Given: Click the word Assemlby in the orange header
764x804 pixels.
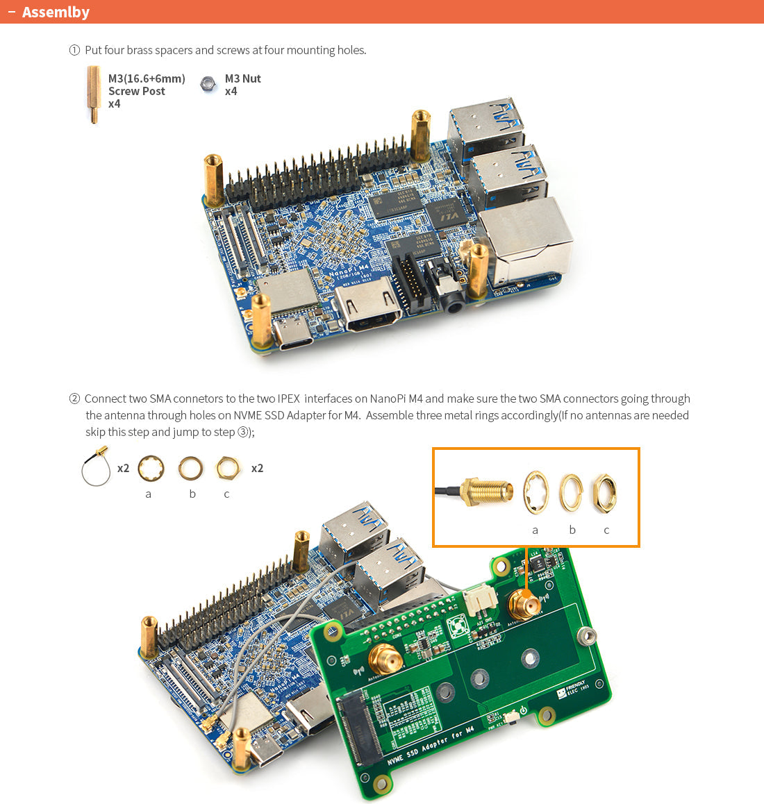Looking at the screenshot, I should pos(56,12).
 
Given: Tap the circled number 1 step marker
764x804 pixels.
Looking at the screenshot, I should pos(74,50).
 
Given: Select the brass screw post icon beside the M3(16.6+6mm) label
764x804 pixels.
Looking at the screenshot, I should pos(93,94).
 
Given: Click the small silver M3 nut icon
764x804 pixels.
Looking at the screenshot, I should pos(208,85).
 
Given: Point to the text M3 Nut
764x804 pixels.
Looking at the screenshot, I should pos(242,79).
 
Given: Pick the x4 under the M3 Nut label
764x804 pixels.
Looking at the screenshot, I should pos(231,92).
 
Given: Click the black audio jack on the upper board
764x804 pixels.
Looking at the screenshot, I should pos(452,300).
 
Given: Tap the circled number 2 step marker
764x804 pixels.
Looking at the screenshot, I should pos(74,399).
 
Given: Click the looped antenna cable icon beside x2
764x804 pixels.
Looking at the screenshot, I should pos(97,467).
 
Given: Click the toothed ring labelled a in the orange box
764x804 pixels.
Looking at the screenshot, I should pos(535,494).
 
